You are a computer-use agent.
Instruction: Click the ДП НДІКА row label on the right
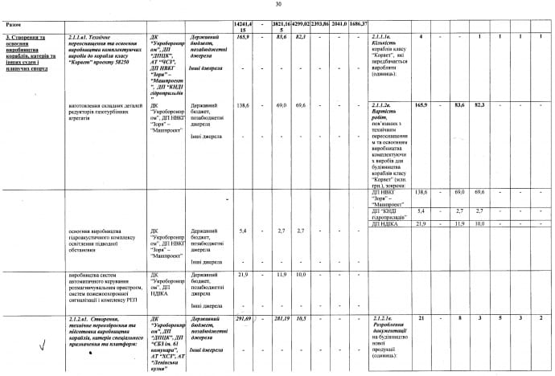tap(387, 223)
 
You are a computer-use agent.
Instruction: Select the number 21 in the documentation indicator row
tap(422, 320)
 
